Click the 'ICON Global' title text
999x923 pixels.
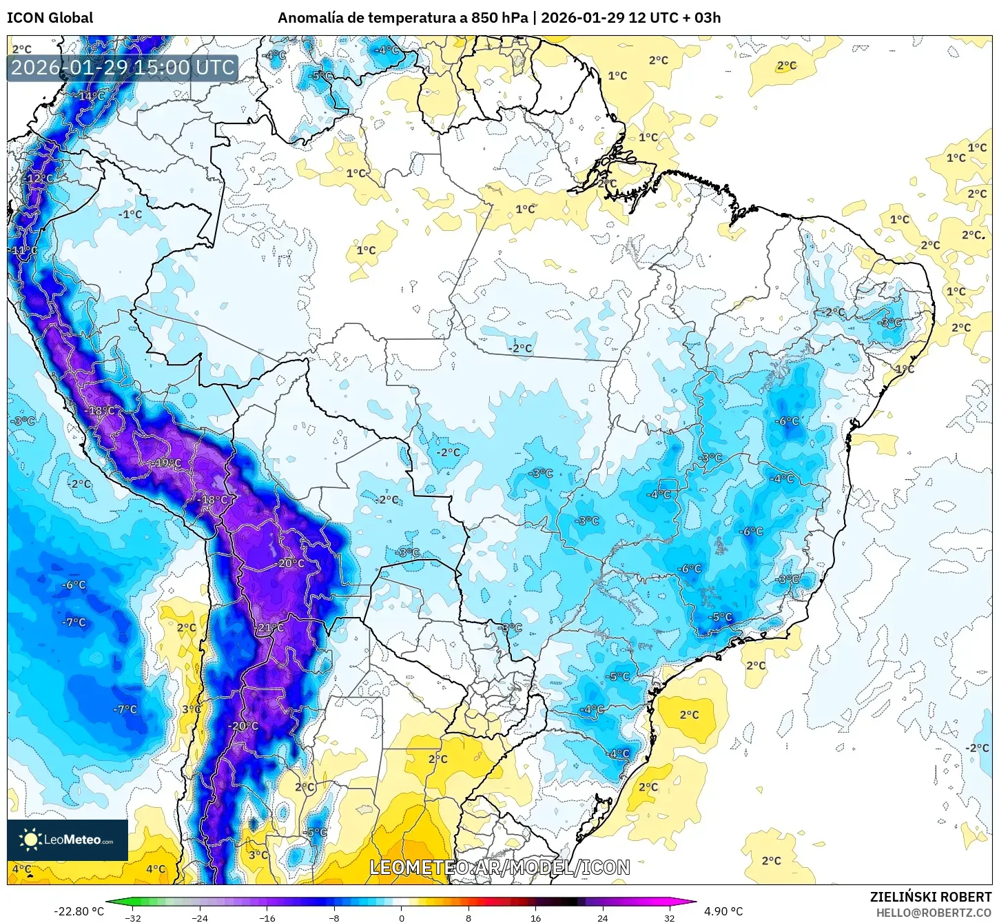click(x=50, y=18)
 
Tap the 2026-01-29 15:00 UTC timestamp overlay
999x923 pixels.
click(x=123, y=68)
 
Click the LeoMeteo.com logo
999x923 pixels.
click(x=68, y=840)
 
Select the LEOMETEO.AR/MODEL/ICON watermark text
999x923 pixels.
click(x=499, y=867)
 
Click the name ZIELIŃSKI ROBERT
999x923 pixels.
click(x=930, y=897)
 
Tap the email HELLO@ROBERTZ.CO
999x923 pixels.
click(x=934, y=913)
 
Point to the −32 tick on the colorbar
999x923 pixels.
click(x=133, y=917)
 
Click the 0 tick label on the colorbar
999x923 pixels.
click(x=402, y=917)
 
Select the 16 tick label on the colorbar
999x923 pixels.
click(x=535, y=917)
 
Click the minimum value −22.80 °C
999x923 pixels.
click(x=79, y=911)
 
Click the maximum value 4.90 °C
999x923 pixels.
click(x=723, y=911)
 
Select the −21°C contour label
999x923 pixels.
click(x=269, y=628)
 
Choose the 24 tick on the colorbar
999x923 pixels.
click(x=602, y=917)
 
